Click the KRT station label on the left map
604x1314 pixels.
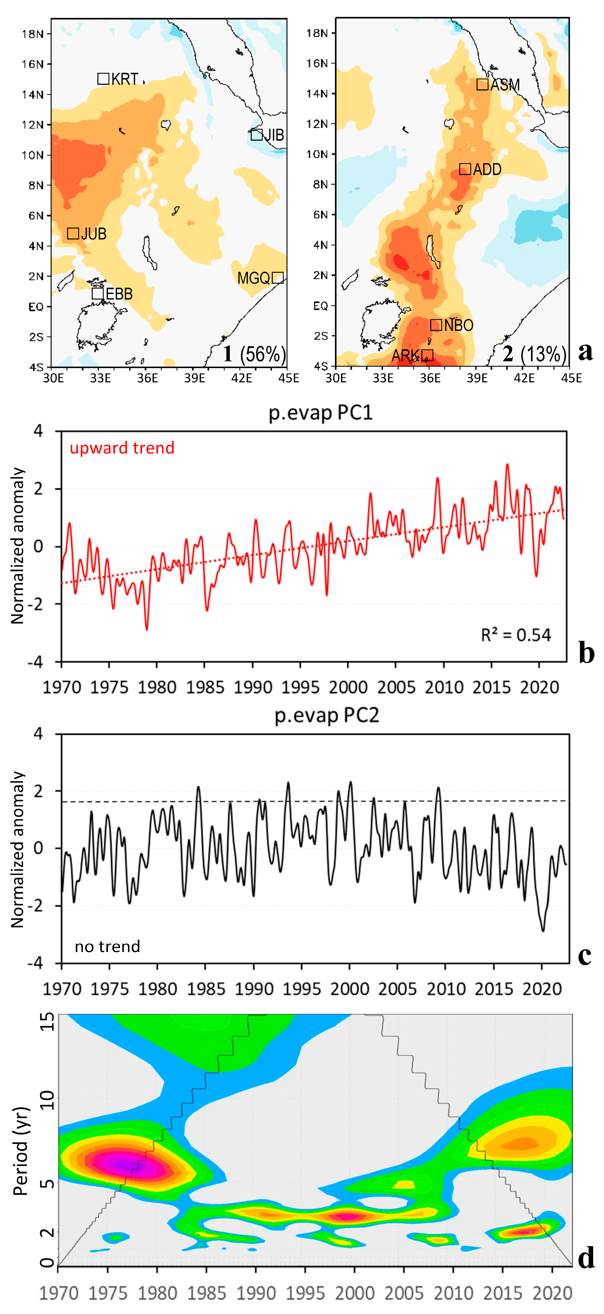pos(125,79)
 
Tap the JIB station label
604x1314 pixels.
pos(274,135)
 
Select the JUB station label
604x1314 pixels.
pos(94,234)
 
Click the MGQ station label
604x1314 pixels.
pos(253,278)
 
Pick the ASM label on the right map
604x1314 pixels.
pos(505,85)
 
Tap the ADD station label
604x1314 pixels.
pos(487,169)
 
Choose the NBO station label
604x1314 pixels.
pos(459,325)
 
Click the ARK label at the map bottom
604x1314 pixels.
pos(405,356)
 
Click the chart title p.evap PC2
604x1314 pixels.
pos(327,715)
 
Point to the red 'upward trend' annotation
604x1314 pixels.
pos(122,448)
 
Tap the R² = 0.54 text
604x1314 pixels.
pos(516,635)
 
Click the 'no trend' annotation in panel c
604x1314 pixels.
pos(108,947)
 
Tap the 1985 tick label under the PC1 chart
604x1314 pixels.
pos(205,688)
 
